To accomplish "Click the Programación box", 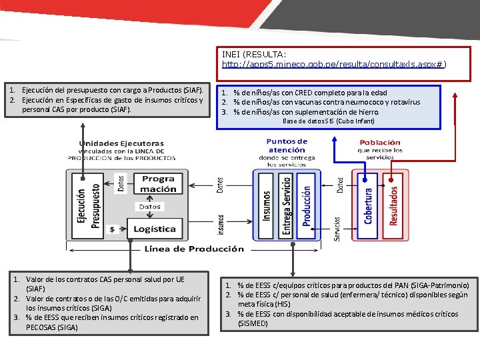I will coord(158,183).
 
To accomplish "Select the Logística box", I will coord(154,229).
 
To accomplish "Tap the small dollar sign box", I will coord(112,229).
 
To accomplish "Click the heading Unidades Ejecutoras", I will coord(121,143).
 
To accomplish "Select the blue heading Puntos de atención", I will coord(287,145).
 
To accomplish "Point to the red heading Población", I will coord(380,143).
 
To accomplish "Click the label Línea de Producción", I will coord(194,249).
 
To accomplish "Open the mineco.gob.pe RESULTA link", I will coord(334,65).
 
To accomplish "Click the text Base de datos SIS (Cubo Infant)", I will coord(329,121).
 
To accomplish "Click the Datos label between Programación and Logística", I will coord(149,207).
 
